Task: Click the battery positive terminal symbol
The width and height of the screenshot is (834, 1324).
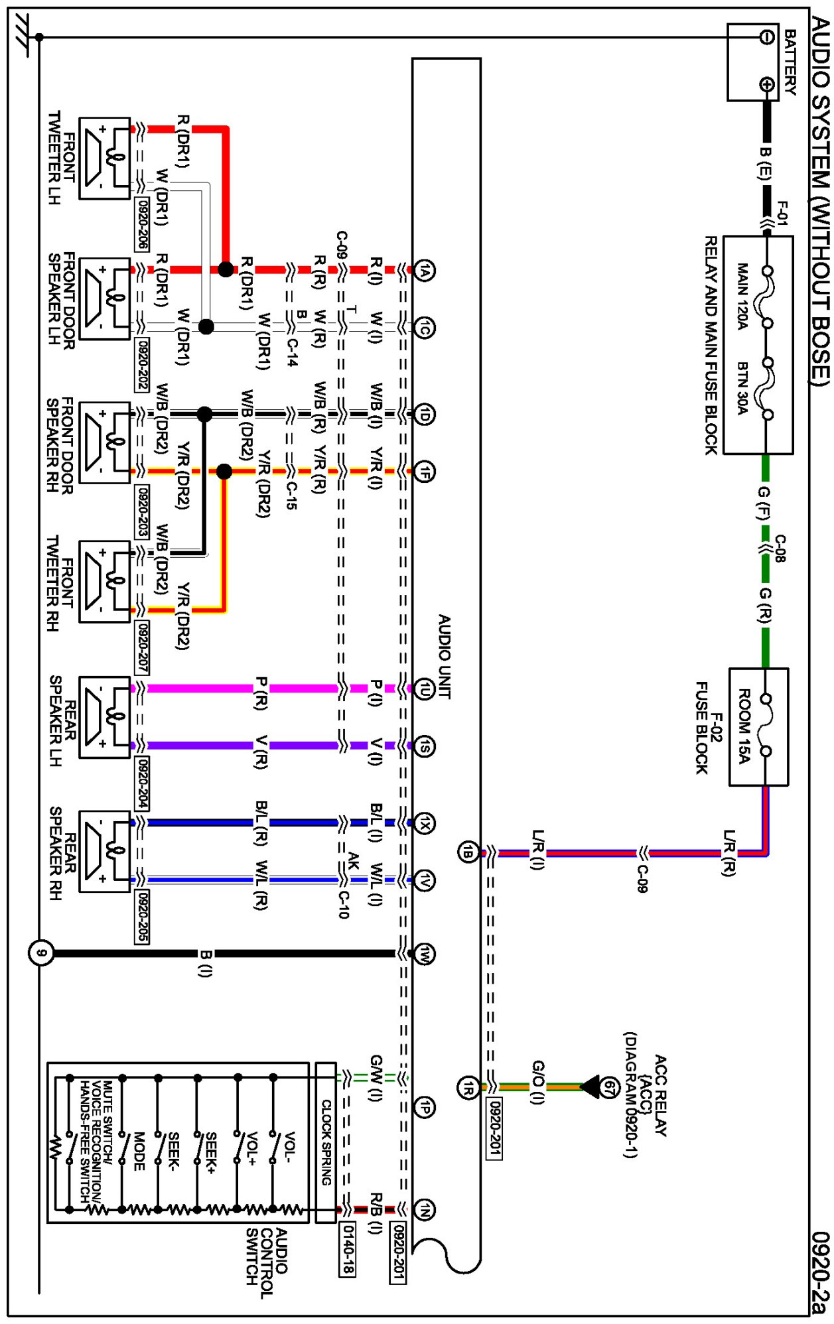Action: tap(767, 84)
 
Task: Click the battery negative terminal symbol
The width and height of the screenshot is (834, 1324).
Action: tap(767, 37)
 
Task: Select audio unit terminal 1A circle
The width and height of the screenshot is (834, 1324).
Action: tap(425, 270)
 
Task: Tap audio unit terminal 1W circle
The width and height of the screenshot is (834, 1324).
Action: tap(425, 954)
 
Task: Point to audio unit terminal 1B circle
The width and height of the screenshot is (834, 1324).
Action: tap(468, 852)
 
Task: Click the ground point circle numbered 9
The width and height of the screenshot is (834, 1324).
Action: tap(41, 954)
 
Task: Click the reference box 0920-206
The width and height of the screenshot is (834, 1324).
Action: tap(141, 224)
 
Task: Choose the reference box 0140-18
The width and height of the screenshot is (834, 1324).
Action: tap(347, 1250)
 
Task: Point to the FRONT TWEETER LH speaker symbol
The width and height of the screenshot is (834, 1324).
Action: tap(105, 158)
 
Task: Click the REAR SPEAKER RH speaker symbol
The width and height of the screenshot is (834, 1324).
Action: tap(105, 851)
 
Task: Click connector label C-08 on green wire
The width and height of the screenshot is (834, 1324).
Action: tap(780, 548)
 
